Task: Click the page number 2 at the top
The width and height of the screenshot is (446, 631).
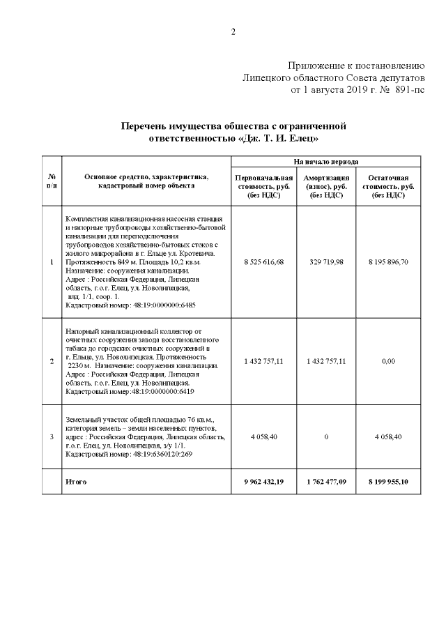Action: click(233, 31)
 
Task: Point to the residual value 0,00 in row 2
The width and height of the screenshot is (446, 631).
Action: click(389, 361)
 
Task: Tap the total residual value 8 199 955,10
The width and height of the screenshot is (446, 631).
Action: click(389, 482)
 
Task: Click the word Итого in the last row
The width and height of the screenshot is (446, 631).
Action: click(76, 482)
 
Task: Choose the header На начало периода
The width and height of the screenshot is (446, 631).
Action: click(326, 161)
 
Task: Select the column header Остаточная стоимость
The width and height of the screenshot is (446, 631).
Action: click(389, 187)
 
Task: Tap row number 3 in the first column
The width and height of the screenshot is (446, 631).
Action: click(52, 437)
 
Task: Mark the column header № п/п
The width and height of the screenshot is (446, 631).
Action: click(52, 181)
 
